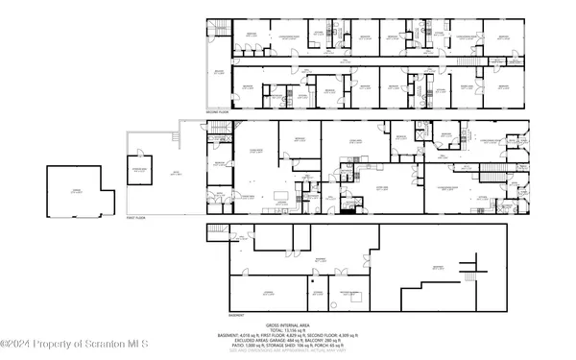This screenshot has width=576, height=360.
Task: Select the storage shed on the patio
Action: (x=141, y=172)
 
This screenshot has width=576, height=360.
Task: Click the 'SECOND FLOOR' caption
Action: (x=219, y=112)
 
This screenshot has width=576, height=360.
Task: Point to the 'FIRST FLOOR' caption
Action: (x=139, y=219)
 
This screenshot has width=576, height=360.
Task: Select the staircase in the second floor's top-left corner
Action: (x=217, y=29)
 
